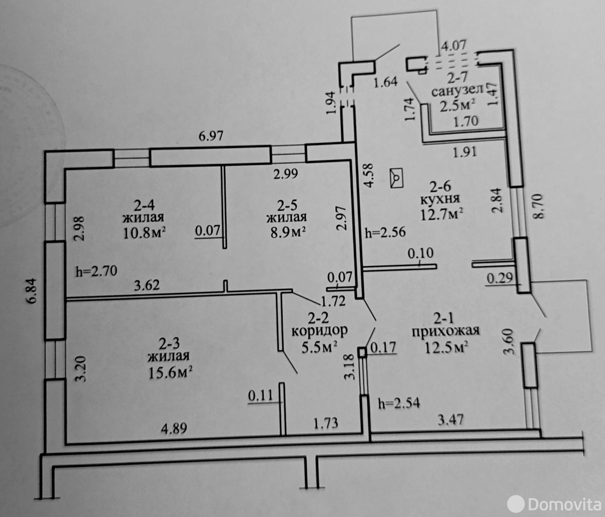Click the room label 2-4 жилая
pyautogui.click(x=143, y=211)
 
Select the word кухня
pyautogui.click(x=440, y=199)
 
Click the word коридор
pyautogui.click(x=320, y=331)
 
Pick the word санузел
pyautogui.click(x=458, y=91)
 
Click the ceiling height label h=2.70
pyautogui.click(x=96, y=271)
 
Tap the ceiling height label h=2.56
pyautogui.click(x=385, y=232)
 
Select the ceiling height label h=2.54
pyautogui.click(x=399, y=403)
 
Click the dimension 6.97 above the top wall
pyautogui.click(x=211, y=136)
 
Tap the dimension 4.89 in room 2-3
pyautogui.click(x=174, y=429)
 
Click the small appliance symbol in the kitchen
pyautogui.click(x=397, y=178)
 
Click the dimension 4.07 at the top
pyautogui.click(x=454, y=45)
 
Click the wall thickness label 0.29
pyautogui.click(x=500, y=279)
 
